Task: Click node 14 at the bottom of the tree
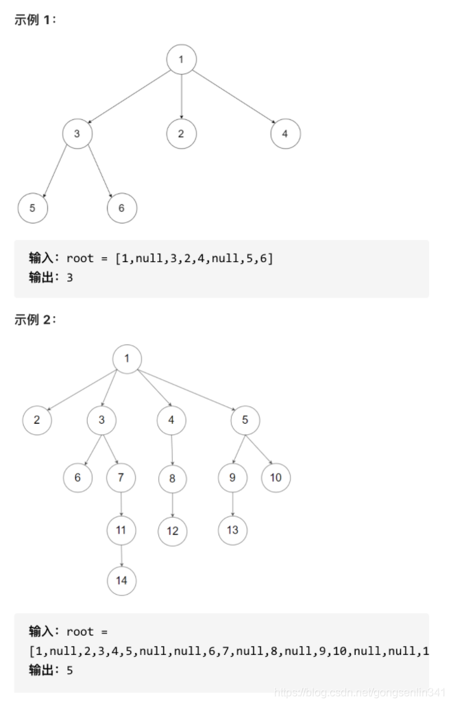coord(122,580)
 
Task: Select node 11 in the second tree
coord(121,529)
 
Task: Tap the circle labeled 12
coord(172,530)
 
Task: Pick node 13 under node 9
coord(232,530)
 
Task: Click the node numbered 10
coord(276,478)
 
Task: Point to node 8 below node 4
coord(172,478)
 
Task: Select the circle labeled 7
coord(121,478)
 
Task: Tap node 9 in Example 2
coord(232,478)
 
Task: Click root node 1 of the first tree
coord(181,60)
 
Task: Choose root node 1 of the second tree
coord(127,359)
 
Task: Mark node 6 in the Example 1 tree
coord(122,208)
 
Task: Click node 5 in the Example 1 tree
coord(32,208)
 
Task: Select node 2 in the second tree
coord(37,420)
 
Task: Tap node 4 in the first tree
coord(285,134)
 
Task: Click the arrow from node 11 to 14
coord(121,555)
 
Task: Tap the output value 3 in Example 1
coord(70,279)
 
